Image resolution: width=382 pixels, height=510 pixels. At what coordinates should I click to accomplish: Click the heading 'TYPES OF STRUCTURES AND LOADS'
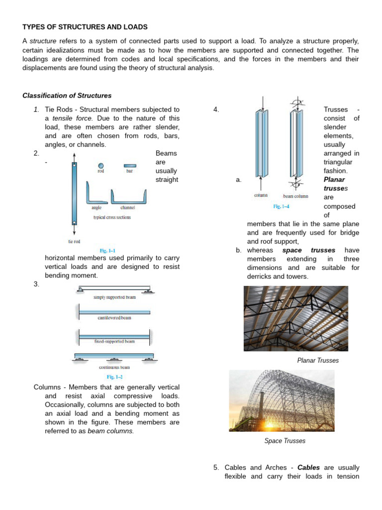pyautogui.click(x=85, y=27)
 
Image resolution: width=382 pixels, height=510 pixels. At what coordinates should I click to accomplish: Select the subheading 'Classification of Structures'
pyautogui.click(x=67, y=96)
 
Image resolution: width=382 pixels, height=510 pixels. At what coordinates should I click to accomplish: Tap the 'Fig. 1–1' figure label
pyautogui.click(x=108, y=251)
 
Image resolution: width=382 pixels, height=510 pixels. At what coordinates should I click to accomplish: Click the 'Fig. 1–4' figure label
pyautogui.click(x=281, y=206)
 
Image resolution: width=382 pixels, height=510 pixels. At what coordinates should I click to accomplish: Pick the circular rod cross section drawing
pyautogui.click(x=101, y=165)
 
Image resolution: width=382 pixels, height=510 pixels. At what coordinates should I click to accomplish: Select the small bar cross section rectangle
pyautogui.click(x=129, y=165)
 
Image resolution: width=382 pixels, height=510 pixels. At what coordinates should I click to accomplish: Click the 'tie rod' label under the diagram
pyautogui.click(x=74, y=242)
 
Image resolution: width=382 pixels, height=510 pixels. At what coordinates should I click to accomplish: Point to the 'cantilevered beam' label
pyautogui.click(x=114, y=318)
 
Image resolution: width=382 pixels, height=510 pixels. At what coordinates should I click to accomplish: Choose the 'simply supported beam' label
pyautogui.click(x=114, y=297)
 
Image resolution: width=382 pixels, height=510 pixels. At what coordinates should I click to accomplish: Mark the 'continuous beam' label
pyautogui.click(x=114, y=368)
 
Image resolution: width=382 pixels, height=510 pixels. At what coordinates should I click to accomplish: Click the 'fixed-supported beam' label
pyautogui.click(x=114, y=342)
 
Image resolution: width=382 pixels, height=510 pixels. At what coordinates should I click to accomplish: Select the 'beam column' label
pyautogui.click(x=295, y=196)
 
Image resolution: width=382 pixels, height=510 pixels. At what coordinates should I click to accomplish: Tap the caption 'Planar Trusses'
pyautogui.click(x=317, y=360)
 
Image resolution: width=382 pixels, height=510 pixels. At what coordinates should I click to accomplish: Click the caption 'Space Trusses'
pyautogui.click(x=285, y=441)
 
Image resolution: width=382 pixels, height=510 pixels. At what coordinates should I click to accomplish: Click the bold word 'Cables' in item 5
pyautogui.click(x=309, y=468)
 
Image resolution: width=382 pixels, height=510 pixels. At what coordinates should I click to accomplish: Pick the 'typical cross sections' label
pyautogui.click(x=112, y=218)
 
